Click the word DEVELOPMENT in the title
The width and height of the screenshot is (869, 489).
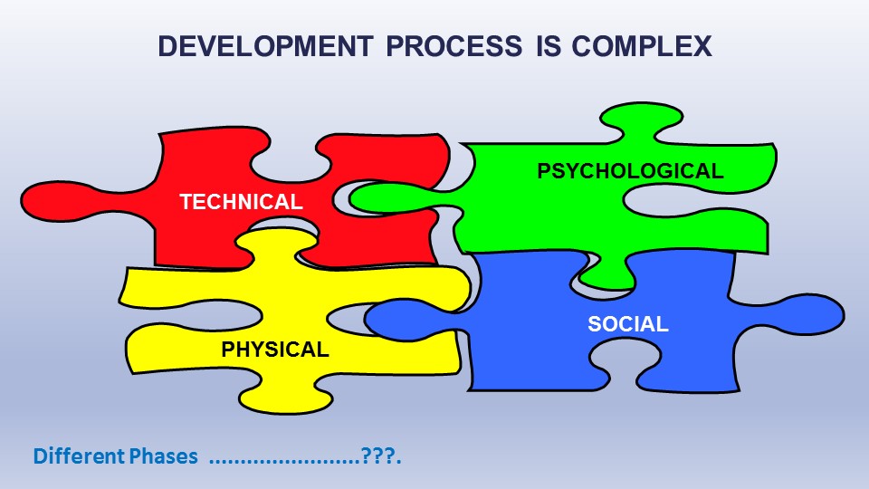click(x=265, y=46)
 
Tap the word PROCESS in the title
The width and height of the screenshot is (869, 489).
click(x=454, y=46)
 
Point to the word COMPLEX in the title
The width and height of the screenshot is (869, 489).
click(x=642, y=46)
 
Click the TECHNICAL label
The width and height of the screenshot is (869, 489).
click(x=241, y=202)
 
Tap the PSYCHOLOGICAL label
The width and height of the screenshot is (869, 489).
click(x=630, y=171)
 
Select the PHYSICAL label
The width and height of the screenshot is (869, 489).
click(x=275, y=350)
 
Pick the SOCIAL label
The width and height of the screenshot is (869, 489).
click(x=628, y=324)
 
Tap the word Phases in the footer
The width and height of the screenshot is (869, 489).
click(x=164, y=456)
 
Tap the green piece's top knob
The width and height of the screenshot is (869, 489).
click(x=641, y=120)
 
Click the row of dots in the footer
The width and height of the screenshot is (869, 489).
click(x=285, y=461)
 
